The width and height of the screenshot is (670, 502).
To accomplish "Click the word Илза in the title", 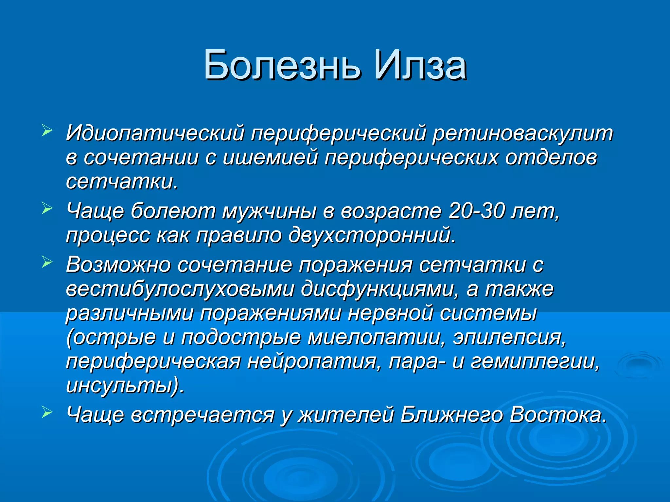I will pyautogui.click(x=420, y=65).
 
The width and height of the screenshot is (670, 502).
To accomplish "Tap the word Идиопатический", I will pyautogui.click(x=155, y=133).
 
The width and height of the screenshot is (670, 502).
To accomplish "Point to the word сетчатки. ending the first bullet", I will pyautogui.click(x=122, y=182).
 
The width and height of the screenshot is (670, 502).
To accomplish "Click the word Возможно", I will pyautogui.click(x=118, y=265).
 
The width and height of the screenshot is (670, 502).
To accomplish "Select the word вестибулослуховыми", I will pyautogui.click(x=180, y=289).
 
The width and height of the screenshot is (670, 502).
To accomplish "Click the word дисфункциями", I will pyautogui.click(x=380, y=289).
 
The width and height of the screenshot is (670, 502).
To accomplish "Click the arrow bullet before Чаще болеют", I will pyautogui.click(x=47, y=209).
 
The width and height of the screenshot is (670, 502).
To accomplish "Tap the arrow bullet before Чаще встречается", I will pyautogui.click(x=47, y=412).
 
